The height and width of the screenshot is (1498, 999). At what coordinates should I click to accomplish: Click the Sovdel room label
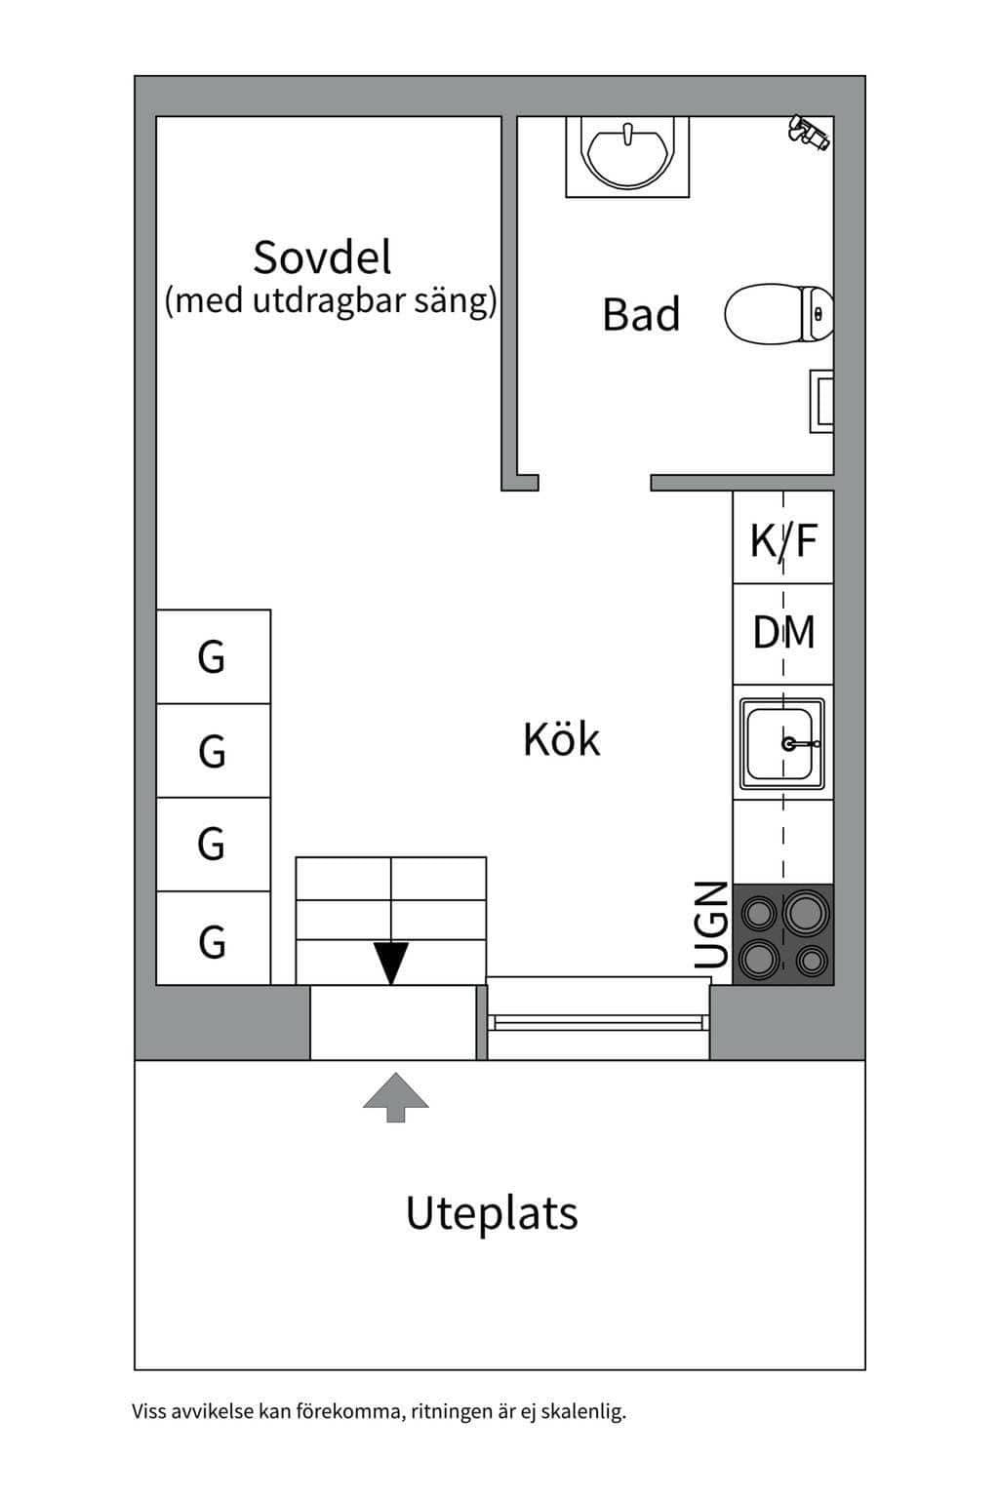coord(322,256)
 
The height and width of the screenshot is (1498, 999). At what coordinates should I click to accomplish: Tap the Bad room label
coord(641,314)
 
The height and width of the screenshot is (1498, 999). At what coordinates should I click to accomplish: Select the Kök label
coord(561,738)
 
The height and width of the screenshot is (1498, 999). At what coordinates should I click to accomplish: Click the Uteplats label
coord(492,1211)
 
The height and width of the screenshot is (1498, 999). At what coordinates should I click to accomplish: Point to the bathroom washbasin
coord(627,156)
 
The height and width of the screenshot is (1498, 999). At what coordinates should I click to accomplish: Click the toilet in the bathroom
coord(779,314)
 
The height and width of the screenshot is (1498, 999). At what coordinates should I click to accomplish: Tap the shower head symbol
coord(809,132)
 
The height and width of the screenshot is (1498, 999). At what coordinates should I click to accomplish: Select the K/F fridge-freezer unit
coord(782,537)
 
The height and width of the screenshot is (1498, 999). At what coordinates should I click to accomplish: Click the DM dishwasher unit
coord(782,633)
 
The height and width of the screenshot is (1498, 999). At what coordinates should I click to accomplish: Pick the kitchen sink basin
coord(781,743)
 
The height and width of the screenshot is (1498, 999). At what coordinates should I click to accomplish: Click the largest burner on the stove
coord(806,912)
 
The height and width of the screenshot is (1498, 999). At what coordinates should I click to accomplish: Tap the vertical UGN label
coord(710,925)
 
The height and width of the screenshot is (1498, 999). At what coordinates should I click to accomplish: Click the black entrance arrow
coord(391,963)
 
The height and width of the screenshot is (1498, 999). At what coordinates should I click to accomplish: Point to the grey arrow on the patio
coord(395,1097)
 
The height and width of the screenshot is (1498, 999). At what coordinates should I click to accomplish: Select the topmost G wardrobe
coord(214,656)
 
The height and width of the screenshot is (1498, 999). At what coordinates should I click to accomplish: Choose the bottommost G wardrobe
coord(214,937)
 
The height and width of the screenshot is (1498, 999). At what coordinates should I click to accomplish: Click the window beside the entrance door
coord(598,1018)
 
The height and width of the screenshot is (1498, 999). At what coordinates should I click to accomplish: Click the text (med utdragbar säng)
coord(332,301)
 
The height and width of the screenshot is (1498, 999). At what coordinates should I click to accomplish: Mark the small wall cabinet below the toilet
coord(821,401)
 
